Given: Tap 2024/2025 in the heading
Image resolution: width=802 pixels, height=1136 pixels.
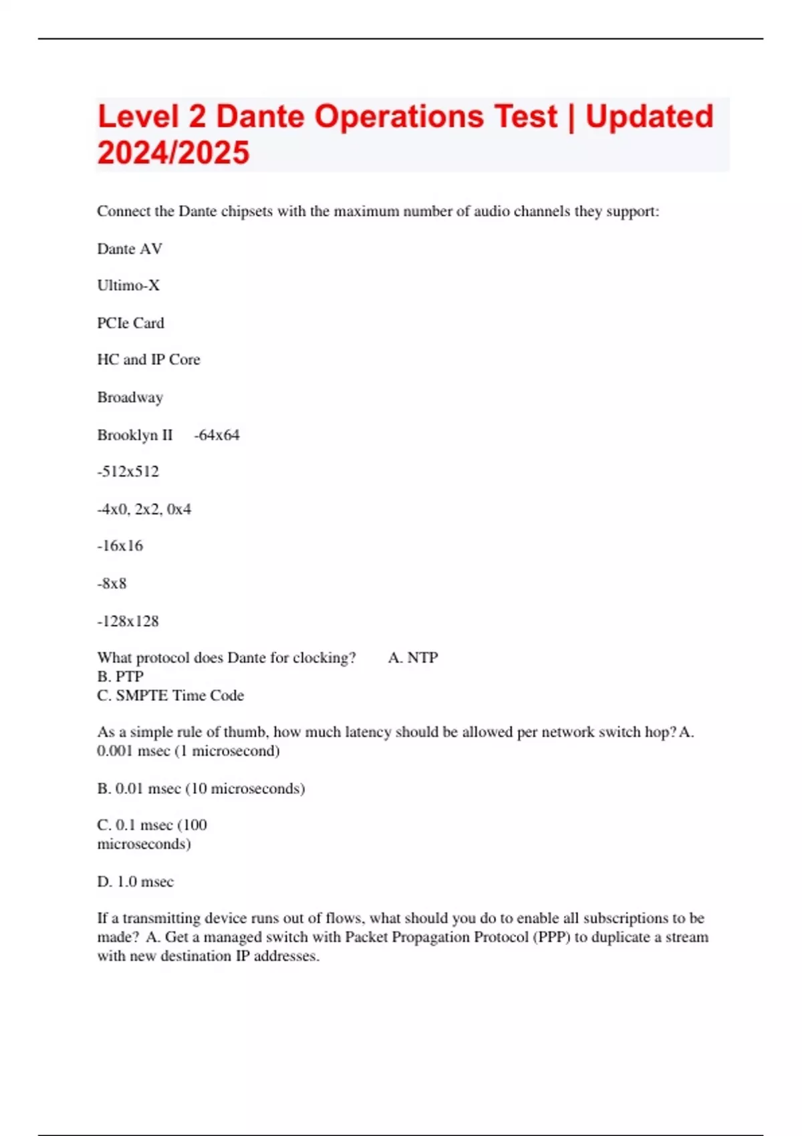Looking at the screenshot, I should pos(173,153).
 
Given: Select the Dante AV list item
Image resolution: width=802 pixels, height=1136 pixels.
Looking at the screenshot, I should pos(130,249).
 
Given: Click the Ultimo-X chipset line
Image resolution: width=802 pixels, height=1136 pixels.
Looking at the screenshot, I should pos(128,286).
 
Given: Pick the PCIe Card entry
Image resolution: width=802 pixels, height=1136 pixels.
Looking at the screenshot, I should pos(130,323).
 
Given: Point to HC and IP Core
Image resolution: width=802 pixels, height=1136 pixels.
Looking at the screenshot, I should pos(148,360).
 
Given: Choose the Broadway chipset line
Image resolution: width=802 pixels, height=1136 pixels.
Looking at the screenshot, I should pos(130,398).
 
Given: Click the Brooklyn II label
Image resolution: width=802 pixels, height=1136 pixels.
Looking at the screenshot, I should pos(134,435).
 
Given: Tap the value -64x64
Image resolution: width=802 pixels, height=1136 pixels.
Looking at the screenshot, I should pos(217,435).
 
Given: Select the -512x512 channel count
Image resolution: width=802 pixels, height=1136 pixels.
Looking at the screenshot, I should pos(128,472).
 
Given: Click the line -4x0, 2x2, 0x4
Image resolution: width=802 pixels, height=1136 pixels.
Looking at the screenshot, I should pos(144,509).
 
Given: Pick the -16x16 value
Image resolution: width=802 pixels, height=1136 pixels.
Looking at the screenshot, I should pos(120,546).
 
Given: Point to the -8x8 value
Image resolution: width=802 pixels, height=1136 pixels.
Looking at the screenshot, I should pos(112,583).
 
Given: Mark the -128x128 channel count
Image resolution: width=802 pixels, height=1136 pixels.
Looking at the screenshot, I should pos(128,621).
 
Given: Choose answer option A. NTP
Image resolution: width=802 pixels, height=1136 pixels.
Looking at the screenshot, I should pos(413,658).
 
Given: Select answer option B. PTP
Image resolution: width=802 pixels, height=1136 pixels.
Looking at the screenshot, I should pos(120,677).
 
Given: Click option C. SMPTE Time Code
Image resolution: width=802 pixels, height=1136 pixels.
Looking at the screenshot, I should pos(170,696).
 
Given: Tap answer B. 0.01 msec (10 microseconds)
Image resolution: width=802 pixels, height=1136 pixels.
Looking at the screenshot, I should pos(200,789).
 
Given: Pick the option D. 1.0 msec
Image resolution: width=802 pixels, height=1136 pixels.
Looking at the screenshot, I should pos(135,882).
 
